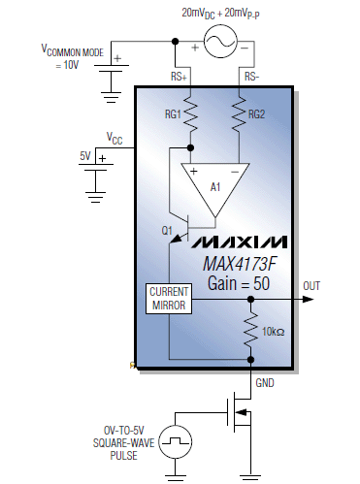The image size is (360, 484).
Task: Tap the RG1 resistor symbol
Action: point(192,117)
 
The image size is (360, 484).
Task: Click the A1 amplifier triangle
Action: point(214,185)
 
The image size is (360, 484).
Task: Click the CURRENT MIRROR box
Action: point(168,299)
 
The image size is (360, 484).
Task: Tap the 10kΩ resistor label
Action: point(273,332)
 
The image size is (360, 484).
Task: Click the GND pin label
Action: point(265,382)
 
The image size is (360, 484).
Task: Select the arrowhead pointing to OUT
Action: point(311,299)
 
